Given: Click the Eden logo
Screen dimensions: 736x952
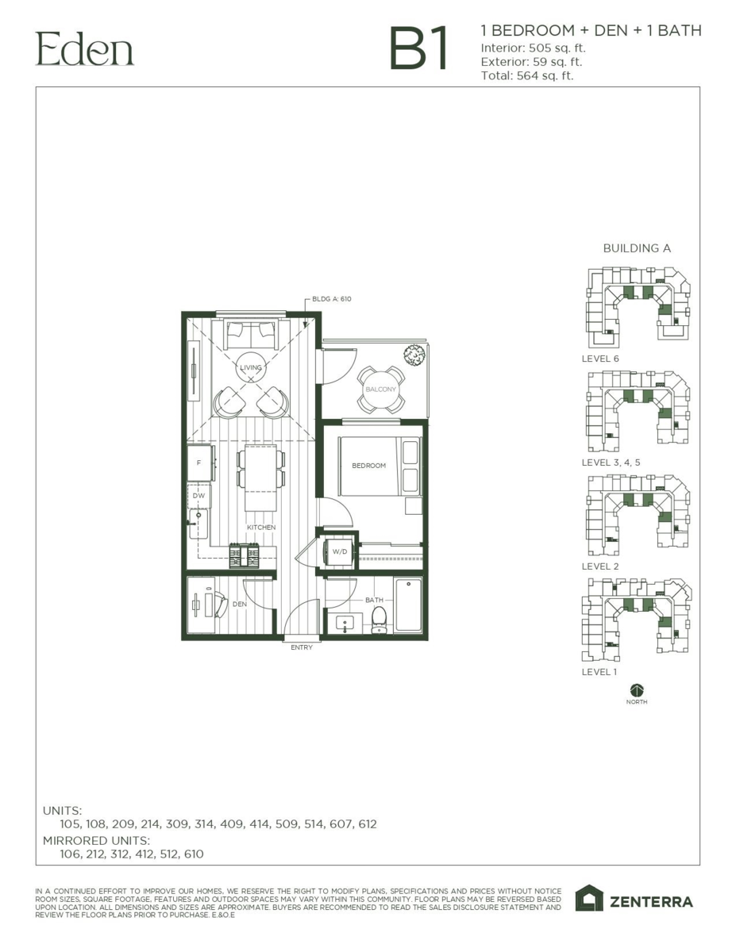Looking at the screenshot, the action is pos(85,50).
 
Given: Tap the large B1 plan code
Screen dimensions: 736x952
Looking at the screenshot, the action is pos(419,48).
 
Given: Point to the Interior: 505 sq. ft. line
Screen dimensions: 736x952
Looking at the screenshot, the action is pos(533,48).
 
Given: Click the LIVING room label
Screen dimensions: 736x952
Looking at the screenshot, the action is pos(251,367).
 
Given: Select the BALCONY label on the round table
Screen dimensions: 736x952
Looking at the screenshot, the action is pos(380,389).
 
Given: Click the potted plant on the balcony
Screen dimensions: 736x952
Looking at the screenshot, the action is pos(414,355).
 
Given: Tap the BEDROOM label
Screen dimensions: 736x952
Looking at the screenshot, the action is pos(368,465).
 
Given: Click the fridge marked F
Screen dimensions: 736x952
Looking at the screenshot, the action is pos(200,463).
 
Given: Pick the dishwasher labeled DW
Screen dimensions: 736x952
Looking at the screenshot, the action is pos(199,496).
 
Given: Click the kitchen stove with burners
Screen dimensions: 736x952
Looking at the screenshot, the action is pos(245,555).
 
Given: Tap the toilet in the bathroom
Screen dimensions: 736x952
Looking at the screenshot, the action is pos(380,620).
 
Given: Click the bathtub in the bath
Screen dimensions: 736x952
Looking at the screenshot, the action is pos(408,605).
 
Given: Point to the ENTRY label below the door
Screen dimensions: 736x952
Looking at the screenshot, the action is pos(302,647).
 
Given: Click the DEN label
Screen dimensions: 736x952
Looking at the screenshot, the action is pos(239,605).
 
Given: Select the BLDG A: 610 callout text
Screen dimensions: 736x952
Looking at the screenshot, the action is pos(331,299).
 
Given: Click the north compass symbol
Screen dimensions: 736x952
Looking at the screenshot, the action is pos(637,691).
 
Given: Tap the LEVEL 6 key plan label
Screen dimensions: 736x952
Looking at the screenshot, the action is pos(600,359).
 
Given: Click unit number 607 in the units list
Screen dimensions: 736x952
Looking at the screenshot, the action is pos(341,824).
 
